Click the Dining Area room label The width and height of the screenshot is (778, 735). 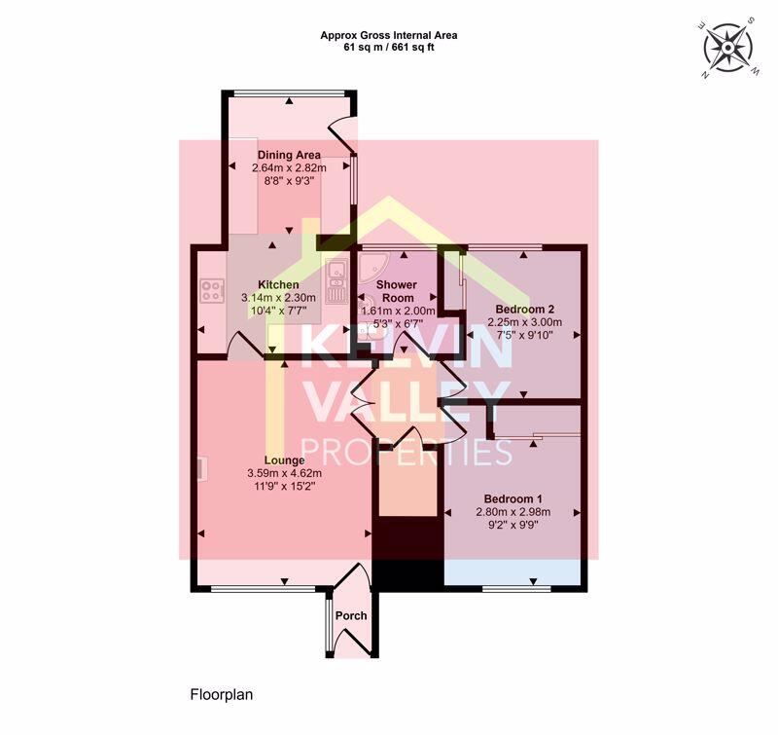(x=289, y=155)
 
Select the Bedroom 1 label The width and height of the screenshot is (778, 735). (x=513, y=498)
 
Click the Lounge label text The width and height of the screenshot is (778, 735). (x=284, y=460)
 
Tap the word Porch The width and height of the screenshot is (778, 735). (x=350, y=616)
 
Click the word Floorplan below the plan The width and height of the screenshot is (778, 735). (x=221, y=695)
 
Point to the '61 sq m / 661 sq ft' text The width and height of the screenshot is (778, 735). (x=388, y=47)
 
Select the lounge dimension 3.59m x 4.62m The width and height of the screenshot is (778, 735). (x=284, y=474)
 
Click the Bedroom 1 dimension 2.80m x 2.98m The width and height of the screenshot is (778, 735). (x=513, y=512)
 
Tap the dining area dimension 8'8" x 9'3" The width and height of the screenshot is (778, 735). (x=289, y=181)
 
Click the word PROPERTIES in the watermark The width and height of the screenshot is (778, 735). (x=409, y=453)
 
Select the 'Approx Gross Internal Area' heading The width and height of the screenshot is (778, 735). (x=388, y=35)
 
